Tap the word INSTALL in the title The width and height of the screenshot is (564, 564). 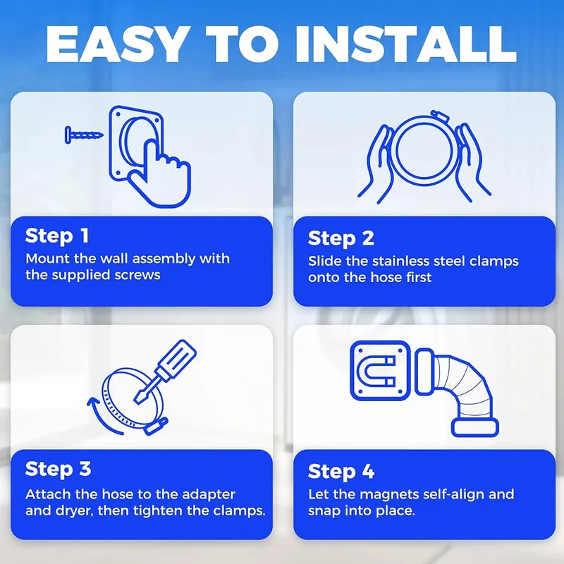coord(406,44)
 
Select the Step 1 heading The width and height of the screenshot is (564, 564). coord(57,236)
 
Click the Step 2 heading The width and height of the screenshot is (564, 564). coord(341,238)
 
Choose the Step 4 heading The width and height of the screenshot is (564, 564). coord(341,472)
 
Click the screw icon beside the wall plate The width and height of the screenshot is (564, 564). coord(84,135)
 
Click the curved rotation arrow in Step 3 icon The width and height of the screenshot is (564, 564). coord(98,417)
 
